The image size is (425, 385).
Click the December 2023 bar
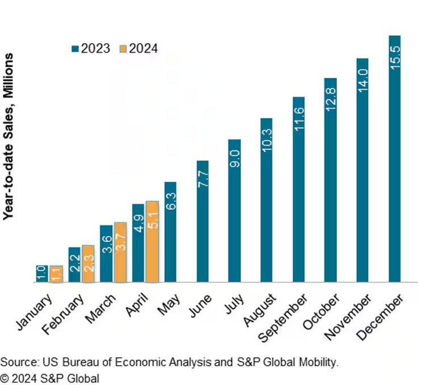(394, 159)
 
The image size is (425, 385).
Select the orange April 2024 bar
(152, 241)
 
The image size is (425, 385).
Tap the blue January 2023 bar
(41, 273)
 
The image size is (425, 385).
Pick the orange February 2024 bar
(88, 263)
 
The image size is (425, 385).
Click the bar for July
(234, 210)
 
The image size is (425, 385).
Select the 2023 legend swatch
(75, 48)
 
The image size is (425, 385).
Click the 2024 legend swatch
(123, 48)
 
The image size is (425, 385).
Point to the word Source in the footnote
(15, 362)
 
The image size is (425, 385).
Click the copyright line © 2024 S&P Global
(49, 378)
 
